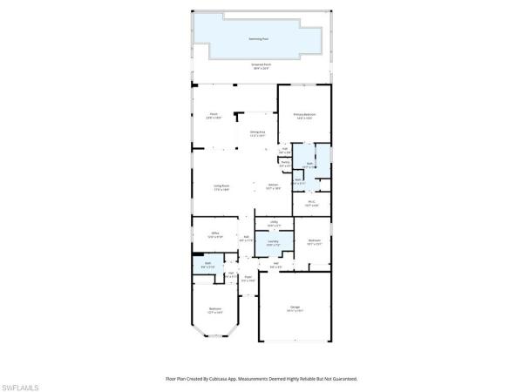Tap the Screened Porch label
tap(261, 66)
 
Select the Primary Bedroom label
tap(304, 116)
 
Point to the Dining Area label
tap(257, 133)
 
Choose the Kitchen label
tap(273, 186)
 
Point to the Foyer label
tap(248, 280)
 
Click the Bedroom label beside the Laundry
tap(314, 242)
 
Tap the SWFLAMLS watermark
tap(22, 385)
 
